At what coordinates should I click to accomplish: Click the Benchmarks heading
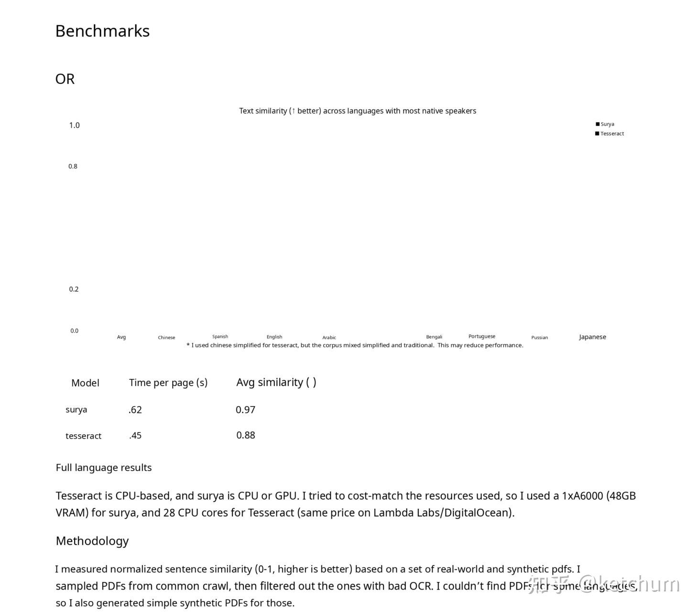click(102, 31)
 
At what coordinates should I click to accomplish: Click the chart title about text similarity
click(358, 111)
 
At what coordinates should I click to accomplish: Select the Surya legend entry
click(607, 124)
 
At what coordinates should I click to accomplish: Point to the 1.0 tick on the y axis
click(74, 125)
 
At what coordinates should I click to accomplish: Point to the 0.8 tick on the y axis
click(73, 166)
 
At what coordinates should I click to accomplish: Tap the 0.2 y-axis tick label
click(74, 289)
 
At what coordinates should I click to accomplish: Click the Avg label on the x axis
click(121, 337)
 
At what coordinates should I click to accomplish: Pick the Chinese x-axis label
click(166, 338)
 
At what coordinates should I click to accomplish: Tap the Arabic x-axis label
click(329, 338)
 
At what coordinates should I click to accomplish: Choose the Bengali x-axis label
click(434, 337)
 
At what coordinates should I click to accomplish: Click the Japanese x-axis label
click(592, 337)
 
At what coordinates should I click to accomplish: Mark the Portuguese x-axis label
click(482, 336)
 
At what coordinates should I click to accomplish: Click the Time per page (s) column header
click(168, 383)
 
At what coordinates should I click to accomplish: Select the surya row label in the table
click(76, 409)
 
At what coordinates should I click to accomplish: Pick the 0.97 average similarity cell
click(245, 409)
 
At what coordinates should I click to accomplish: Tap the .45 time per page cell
click(135, 435)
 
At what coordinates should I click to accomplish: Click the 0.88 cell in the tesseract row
click(246, 435)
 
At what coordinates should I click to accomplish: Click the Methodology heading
click(92, 541)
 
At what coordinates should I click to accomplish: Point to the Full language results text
click(104, 468)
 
